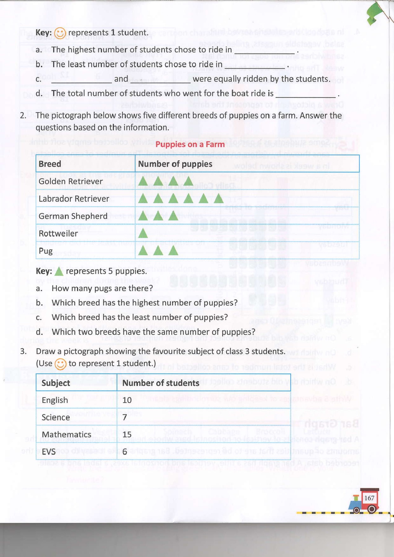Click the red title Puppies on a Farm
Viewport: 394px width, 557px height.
190,145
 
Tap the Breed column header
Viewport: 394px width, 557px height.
50,164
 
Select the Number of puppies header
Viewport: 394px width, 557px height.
175,164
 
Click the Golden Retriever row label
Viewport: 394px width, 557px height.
71,181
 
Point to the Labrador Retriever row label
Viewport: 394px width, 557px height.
74,199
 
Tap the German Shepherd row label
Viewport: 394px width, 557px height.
73,216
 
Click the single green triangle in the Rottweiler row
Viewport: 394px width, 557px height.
143,233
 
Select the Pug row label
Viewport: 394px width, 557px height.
45,251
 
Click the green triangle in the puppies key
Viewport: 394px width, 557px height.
58,271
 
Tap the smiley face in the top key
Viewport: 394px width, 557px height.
60,33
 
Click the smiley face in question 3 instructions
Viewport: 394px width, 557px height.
60,364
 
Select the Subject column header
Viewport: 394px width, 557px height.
56,383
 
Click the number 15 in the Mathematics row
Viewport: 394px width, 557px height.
127,434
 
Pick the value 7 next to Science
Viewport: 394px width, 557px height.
125,417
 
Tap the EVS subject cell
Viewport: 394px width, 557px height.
49,452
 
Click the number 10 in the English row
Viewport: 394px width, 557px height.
127,400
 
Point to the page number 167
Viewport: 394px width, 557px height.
369,498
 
